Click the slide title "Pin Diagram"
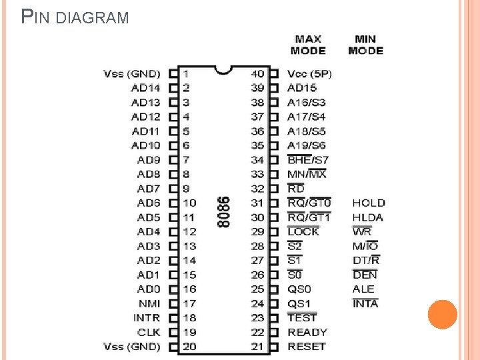point(75,16)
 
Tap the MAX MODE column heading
point(308,45)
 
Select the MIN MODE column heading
point(365,45)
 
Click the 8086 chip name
point(224,211)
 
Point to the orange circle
point(442,315)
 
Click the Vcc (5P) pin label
point(309,73)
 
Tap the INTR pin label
point(147,318)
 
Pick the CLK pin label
point(149,332)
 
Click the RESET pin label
point(307,347)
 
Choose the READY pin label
point(307,332)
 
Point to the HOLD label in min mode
point(369,203)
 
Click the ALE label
point(363,289)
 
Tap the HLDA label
point(368,217)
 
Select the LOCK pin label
point(303,231)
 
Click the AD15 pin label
point(301,88)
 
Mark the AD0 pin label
point(149,289)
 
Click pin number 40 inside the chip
point(257,73)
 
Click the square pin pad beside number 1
point(173,73)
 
